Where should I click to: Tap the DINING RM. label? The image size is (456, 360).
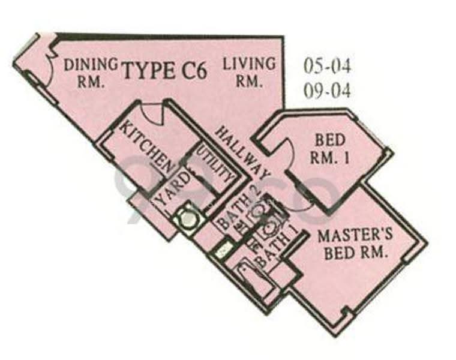[x=91, y=73]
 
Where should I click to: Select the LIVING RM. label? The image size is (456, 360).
[x=249, y=72]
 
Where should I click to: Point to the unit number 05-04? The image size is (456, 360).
[x=327, y=66]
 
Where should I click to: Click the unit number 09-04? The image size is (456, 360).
[x=327, y=91]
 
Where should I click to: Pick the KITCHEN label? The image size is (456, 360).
[x=146, y=147]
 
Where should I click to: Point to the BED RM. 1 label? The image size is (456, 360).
[x=330, y=149]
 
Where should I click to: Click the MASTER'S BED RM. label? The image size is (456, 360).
[x=355, y=244]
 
